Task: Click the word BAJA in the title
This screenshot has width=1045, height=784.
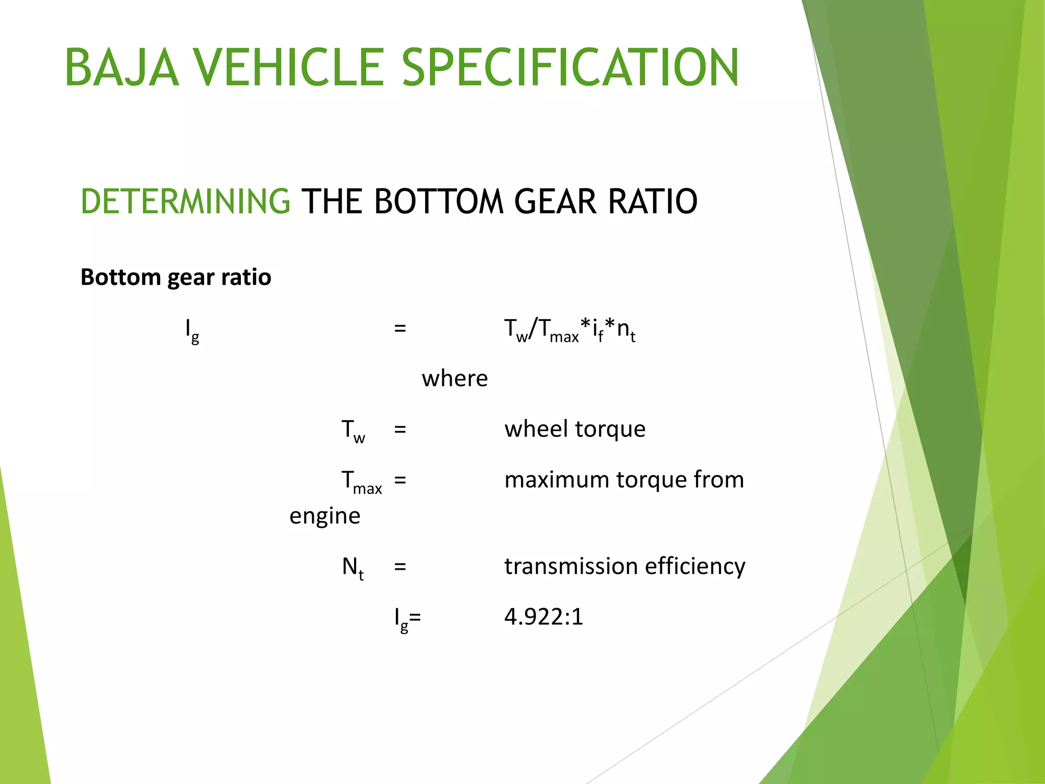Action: (122, 67)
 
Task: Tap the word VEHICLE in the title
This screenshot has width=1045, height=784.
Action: (288, 67)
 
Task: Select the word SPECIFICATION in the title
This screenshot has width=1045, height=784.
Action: (570, 67)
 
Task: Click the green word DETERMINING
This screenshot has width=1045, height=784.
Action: (186, 201)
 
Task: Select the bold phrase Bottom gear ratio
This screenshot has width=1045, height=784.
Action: (176, 277)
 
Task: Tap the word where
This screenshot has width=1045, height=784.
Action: (455, 379)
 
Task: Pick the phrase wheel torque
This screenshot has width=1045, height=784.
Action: (575, 429)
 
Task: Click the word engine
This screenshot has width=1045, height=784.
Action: (325, 516)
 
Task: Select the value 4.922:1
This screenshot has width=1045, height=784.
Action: (543, 617)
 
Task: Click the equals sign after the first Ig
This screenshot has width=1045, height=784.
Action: (400, 328)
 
